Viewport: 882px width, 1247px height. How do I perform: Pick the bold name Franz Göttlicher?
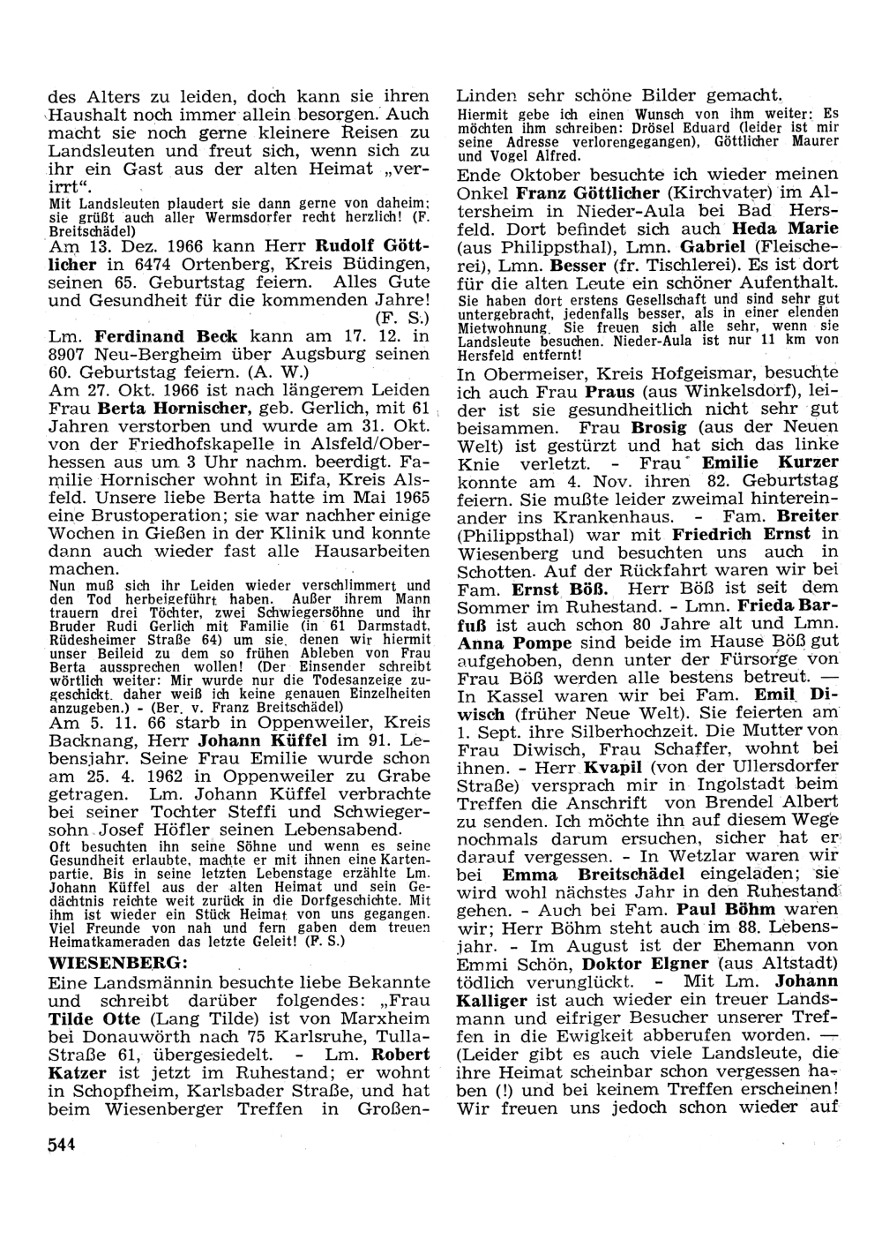(588, 192)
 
